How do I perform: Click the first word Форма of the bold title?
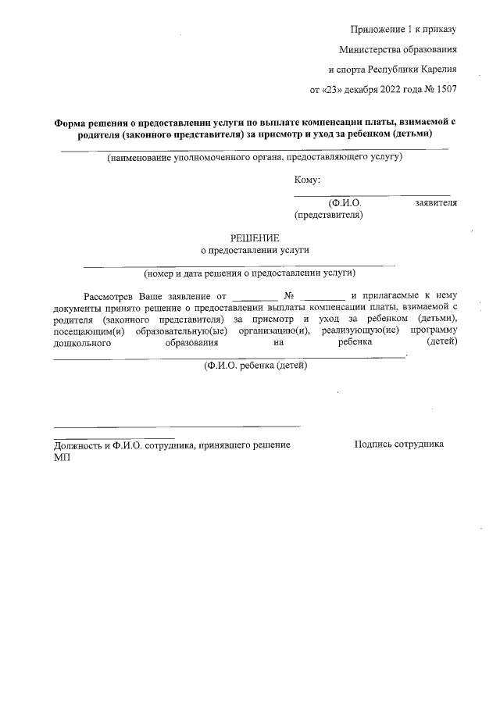(x=69, y=123)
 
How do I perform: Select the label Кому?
(x=307, y=180)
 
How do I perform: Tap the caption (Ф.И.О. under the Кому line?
(x=345, y=202)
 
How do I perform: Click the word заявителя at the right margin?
(x=435, y=202)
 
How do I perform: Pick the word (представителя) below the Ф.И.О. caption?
(x=328, y=213)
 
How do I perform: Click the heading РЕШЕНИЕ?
(x=254, y=237)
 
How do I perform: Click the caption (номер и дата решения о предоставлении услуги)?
(x=250, y=273)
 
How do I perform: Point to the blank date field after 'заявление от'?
(x=255, y=298)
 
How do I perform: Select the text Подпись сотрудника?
(x=399, y=444)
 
